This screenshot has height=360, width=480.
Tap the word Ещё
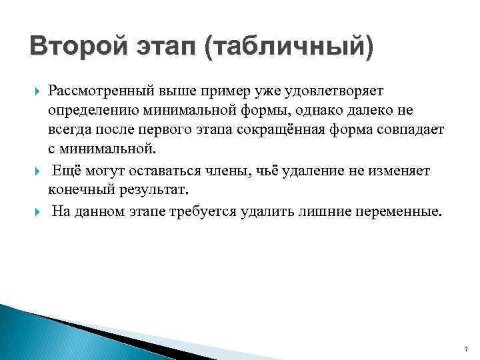click(65, 171)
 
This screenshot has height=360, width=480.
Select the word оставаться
click(157, 171)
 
